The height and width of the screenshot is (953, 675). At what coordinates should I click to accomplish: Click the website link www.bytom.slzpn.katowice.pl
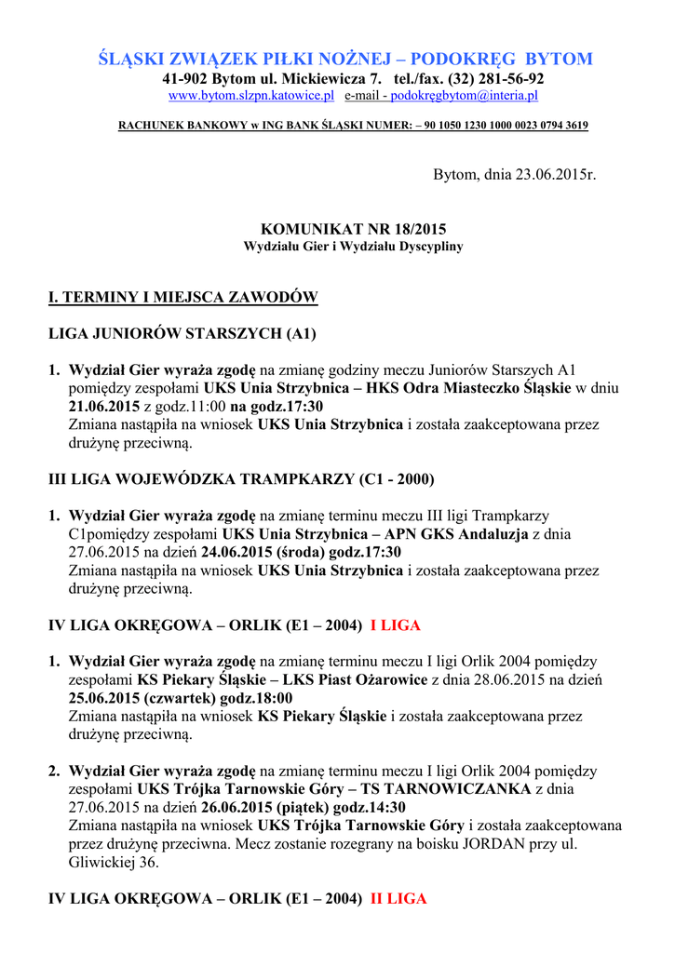[x=250, y=96]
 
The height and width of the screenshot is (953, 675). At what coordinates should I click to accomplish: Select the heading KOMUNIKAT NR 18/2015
[x=353, y=229]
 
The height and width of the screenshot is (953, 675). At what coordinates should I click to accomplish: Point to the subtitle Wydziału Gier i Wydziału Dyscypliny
[x=353, y=247]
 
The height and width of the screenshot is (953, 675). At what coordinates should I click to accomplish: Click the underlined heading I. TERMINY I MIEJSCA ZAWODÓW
[x=183, y=298]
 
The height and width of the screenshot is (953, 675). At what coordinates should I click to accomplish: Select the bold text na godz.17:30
[x=277, y=407]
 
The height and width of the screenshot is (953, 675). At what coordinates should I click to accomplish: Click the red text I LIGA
[x=396, y=625]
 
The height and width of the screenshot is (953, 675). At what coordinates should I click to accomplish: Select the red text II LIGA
[x=398, y=899]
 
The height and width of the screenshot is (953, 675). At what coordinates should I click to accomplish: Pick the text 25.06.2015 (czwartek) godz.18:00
[x=181, y=698]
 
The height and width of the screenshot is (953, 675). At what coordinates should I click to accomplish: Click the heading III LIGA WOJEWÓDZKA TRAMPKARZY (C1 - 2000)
[x=241, y=479]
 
